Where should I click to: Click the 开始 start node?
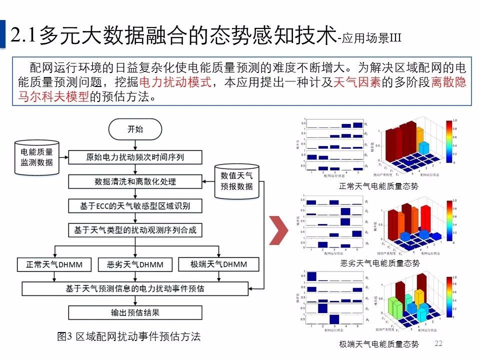135,129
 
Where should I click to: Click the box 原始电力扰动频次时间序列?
135,157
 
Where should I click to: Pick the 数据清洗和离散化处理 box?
135,181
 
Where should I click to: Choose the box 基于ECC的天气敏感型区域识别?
135,205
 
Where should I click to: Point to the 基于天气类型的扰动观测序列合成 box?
135,230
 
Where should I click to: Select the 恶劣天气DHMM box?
135,264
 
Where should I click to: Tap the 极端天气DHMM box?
218,264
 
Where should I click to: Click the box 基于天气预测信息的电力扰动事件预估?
135,288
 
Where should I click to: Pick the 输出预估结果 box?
135,313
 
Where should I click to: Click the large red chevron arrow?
278,230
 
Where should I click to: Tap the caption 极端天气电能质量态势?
378,344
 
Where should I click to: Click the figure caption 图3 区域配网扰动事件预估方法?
129,337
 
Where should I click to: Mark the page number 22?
439,343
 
